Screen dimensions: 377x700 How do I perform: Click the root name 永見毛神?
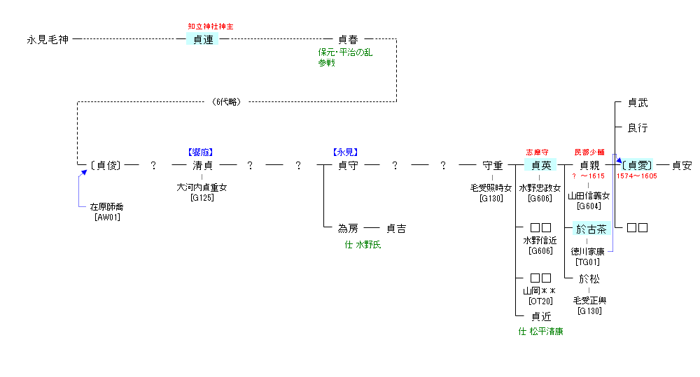(48, 40)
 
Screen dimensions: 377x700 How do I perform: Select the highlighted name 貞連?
(203, 40)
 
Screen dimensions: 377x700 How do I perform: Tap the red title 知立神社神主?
(210, 27)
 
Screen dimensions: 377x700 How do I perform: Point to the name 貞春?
(348, 40)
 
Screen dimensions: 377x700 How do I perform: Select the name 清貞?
(202, 166)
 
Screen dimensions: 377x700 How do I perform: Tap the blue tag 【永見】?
(347, 151)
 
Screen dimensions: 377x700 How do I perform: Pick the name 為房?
(348, 229)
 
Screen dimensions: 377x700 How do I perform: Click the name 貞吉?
(396, 229)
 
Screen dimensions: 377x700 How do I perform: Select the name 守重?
(493, 166)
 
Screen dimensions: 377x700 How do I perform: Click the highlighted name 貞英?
(540, 166)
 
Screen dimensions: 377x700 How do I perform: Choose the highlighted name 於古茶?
(590, 229)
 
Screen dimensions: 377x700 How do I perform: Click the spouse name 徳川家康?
(588, 252)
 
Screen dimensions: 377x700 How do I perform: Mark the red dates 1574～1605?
(636, 176)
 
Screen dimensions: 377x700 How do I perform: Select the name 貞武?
(637, 103)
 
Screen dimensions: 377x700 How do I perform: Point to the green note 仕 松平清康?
(540, 332)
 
